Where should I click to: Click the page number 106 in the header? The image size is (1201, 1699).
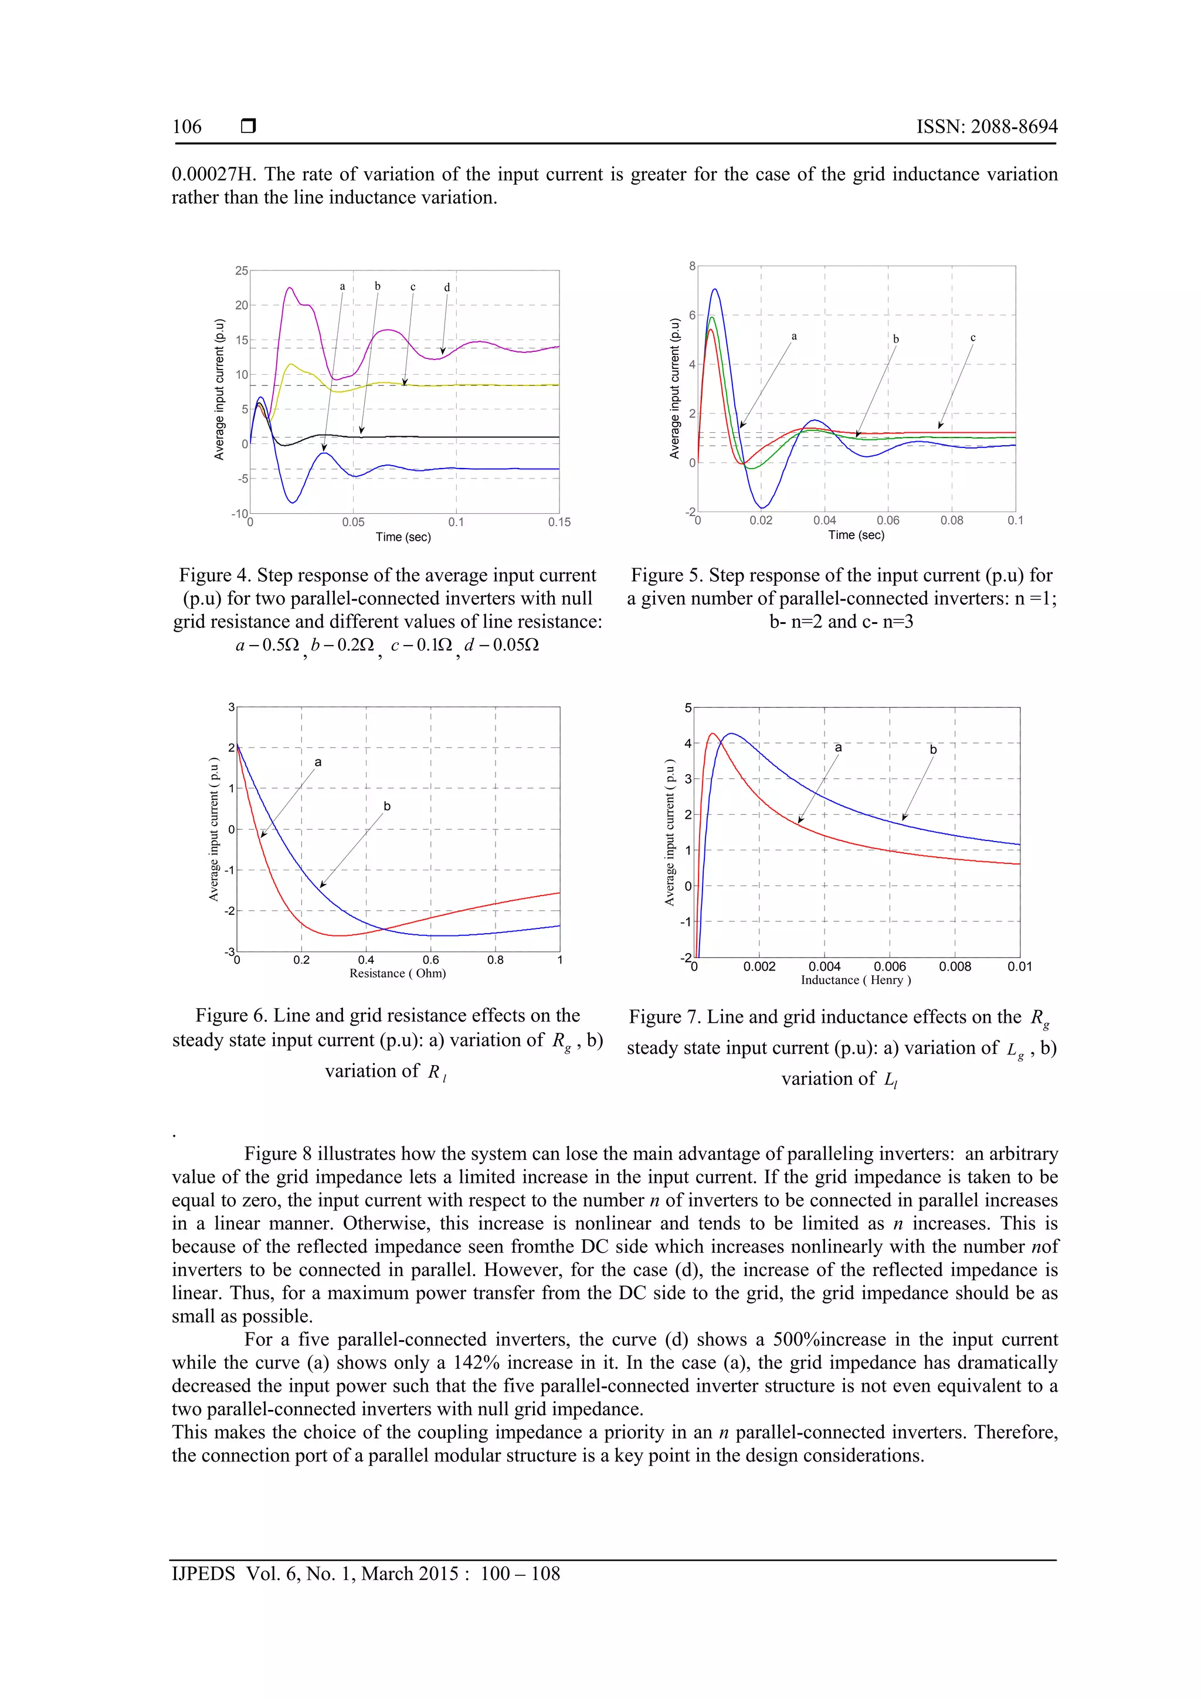186,127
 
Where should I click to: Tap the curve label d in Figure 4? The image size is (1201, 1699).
447,287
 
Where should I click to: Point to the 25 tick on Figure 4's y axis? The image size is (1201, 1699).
241,271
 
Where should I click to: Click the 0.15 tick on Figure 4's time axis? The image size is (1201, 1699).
559,523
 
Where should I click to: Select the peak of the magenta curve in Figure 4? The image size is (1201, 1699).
289,288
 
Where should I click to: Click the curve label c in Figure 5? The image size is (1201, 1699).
973,337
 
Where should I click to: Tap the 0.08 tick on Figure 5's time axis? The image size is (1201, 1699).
952,520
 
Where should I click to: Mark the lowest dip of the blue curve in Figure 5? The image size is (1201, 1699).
762,507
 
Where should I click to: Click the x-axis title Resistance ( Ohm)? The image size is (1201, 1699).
398,973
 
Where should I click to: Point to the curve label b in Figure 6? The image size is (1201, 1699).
387,806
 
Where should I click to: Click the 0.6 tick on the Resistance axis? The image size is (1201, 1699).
430,960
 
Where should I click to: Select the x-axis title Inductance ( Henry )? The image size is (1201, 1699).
856,980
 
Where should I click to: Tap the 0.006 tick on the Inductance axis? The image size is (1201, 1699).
890,967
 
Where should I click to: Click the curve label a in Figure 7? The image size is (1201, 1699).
839,747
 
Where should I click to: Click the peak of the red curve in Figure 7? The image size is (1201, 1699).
713,734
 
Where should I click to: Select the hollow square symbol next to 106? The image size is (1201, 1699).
249,127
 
